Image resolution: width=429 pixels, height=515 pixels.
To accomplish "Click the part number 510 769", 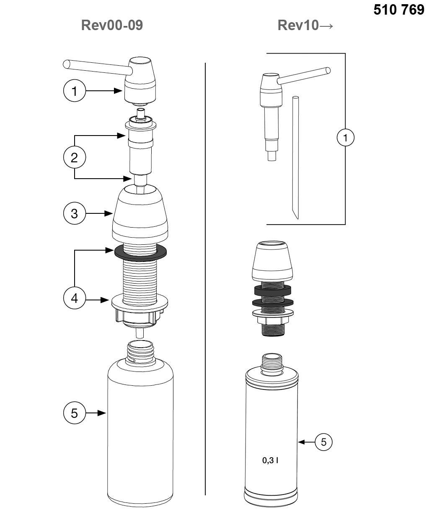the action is pos(398,10).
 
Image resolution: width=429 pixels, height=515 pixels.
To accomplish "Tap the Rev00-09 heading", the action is pos(112,25).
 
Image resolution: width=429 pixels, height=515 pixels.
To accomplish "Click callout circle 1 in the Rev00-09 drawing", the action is pos(74,90).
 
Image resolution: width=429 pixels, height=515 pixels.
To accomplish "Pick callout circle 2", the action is pos(74,157).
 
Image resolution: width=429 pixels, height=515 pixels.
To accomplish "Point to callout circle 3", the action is pos(74,213).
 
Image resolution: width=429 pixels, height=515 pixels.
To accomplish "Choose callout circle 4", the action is pos(74,298).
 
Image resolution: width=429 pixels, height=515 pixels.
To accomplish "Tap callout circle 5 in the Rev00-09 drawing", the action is pos(74,413).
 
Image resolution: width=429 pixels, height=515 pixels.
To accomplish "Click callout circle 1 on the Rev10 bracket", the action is pos(345,137).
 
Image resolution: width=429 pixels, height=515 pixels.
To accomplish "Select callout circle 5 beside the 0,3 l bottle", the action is pos(323,442).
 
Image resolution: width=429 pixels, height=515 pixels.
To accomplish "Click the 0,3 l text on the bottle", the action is pos(270,460).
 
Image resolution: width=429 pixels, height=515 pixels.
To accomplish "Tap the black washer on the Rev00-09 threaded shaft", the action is pos(140,253).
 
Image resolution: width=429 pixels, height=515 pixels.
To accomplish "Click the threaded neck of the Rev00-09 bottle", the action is pos(140,352).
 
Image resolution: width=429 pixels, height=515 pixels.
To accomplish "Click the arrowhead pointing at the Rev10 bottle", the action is pos(301,442).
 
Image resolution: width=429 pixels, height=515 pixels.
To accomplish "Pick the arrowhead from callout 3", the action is pos(109,213).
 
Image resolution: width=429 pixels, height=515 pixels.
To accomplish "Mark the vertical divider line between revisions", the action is pos(205,279).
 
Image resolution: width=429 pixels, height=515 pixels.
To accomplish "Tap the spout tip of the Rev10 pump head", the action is pos(328,71).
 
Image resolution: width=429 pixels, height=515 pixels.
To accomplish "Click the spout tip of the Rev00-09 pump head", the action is pos(66,64).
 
